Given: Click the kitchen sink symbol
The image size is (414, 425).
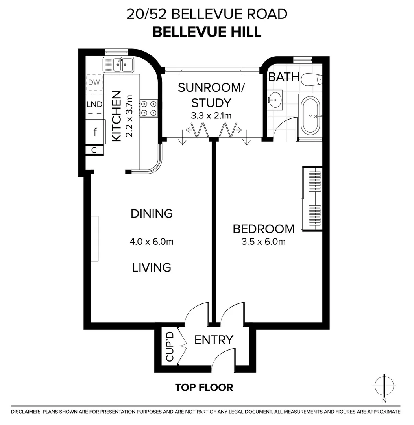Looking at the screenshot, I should point(118,65).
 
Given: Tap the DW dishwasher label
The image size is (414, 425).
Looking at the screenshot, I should point(94,82).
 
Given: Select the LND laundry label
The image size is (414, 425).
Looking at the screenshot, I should point(94,104).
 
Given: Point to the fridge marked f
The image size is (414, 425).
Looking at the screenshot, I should point(95,132).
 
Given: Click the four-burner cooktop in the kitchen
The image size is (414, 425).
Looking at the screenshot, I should point(149,108).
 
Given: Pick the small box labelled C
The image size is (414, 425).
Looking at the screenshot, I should point(94,150).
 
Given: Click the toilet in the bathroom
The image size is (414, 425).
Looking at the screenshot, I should point(312,80).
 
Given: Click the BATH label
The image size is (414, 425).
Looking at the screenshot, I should point(284,77).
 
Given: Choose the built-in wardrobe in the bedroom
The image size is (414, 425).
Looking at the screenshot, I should point(312,198).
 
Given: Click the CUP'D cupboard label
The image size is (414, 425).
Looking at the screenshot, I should point(170,347).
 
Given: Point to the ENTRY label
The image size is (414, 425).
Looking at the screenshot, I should point(214,340).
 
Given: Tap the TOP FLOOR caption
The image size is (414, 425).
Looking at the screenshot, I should point(204,387).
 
